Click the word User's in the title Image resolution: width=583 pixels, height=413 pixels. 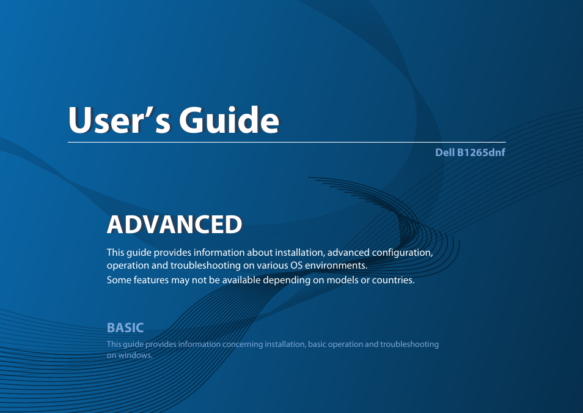click(x=120, y=120)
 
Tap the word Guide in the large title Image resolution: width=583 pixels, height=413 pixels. click(x=229, y=120)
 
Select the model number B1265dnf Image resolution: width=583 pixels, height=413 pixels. click(x=481, y=152)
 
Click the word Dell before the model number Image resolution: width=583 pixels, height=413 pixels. click(x=445, y=152)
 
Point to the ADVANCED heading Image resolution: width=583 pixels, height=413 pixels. click(x=174, y=225)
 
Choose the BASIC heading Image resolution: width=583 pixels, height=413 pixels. click(x=125, y=328)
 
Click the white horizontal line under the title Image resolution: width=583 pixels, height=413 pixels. click(x=287, y=143)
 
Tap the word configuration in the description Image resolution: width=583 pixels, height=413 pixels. click(x=402, y=253)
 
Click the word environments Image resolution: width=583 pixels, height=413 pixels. click(x=336, y=266)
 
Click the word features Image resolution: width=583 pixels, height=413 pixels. click(x=151, y=280)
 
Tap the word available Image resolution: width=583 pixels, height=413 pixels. click(x=241, y=280)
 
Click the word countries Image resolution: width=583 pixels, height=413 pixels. click(x=394, y=280)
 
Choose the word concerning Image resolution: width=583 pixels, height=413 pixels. click(x=243, y=344)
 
